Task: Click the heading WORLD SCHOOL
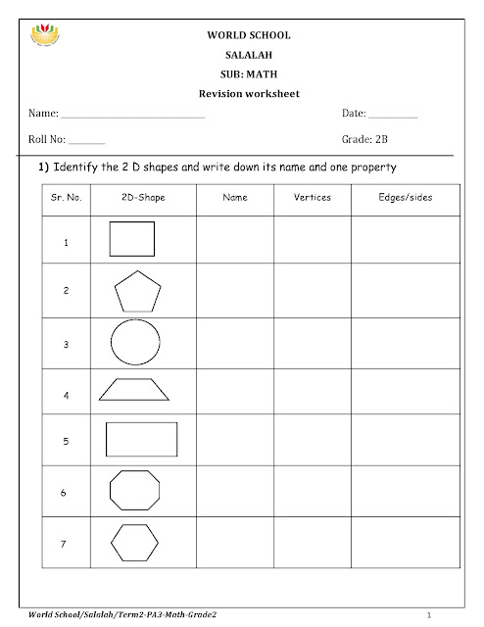242,36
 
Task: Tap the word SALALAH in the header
242,55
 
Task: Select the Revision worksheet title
242,94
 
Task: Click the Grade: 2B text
363,141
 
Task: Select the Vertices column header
312,198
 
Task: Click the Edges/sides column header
405,198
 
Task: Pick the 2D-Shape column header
144,198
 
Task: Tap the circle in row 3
135,344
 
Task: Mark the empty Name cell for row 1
235,240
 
